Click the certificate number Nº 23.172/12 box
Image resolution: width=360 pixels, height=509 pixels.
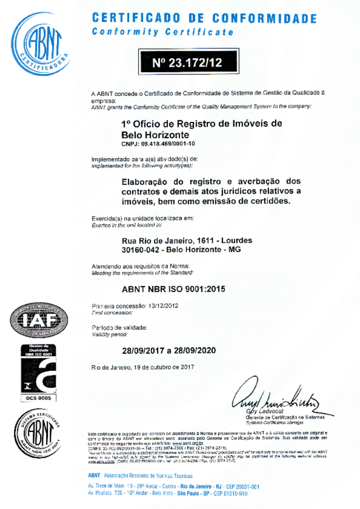click(188, 62)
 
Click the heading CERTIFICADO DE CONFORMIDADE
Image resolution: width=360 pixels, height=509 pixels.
click(204, 18)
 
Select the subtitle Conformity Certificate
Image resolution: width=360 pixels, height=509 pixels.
click(162, 32)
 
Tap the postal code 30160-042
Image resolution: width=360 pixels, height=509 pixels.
click(139, 250)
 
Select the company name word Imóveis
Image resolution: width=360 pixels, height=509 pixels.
click(248, 123)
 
